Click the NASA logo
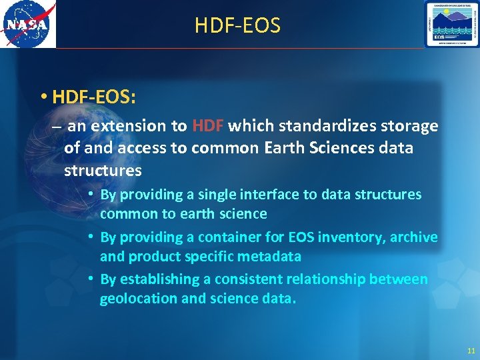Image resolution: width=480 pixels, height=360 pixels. [x=28, y=25]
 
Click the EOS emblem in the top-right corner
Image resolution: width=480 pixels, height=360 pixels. [x=451, y=24]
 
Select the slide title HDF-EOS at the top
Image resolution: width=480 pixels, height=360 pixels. [x=237, y=26]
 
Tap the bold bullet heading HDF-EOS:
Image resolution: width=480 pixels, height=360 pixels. [x=94, y=97]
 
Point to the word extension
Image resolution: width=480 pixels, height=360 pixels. [x=127, y=126]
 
